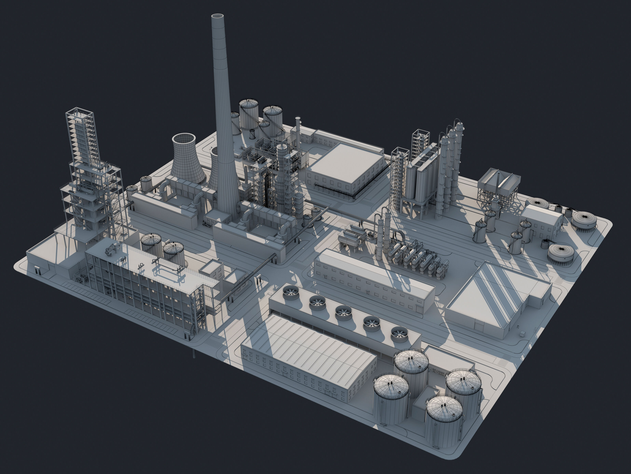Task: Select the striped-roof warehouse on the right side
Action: click(x=496, y=297)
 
